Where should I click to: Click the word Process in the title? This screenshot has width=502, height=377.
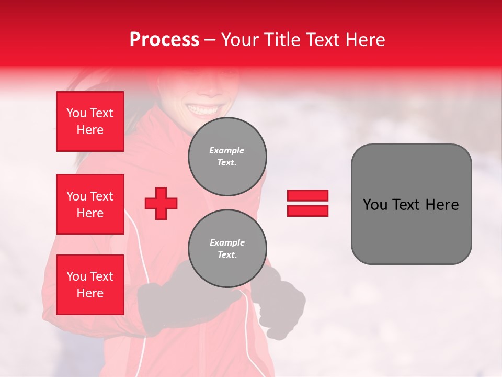click(x=164, y=40)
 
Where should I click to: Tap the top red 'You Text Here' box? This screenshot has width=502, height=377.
click(x=90, y=121)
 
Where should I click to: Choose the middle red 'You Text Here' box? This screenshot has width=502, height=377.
click(x=90, y=204)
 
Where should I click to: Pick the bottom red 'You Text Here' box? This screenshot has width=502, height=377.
click(x=90, y=285)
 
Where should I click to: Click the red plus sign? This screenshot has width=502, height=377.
click(x=161, y=203)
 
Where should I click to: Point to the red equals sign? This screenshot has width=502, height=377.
click(x=307, y=203)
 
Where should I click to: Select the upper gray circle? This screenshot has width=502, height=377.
click(x=227, y=157)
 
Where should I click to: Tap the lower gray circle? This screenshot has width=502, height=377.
click(x=227, y=249)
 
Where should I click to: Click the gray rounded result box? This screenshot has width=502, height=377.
click(x=411, y=204)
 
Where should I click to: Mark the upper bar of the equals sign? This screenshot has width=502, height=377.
click(x=307, y=196)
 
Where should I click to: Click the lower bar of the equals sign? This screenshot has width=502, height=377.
click(x=307, y=210)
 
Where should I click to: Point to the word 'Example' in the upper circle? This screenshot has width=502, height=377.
click(x=227, y=150)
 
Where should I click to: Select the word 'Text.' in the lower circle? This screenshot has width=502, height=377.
click(x=227, y=255)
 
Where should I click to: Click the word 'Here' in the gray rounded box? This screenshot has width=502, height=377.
click(x=442, y=205)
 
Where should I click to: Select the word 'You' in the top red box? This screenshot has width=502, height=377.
click(x=76, y=113)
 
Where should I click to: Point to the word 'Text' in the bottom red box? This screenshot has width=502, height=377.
click(x=101, y=276)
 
